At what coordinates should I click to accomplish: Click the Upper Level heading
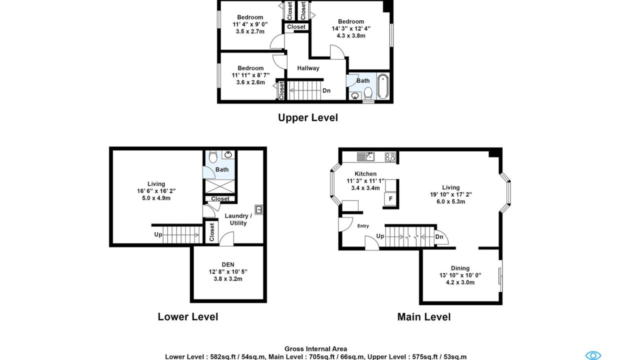(308, 118)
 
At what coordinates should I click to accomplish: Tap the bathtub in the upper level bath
(382, 86)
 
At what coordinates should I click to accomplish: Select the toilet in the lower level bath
(213, 157)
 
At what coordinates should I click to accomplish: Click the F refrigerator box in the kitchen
(390, 198)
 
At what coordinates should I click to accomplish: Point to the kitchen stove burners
(390, 157)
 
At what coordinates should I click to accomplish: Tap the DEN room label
(228, 265)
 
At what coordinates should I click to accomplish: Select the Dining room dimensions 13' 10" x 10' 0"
(460, 275)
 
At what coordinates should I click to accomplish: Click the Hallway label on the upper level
(308, 68)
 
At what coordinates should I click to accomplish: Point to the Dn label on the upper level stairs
(326, 91)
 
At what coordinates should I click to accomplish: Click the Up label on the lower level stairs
(158, 234)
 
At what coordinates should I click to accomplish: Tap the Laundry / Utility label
(238, 219)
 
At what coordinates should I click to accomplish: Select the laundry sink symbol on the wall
(259, 209)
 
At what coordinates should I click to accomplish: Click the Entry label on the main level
(363, 226)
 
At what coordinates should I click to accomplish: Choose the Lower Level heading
(188, 317)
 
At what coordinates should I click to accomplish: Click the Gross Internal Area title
(315, 349)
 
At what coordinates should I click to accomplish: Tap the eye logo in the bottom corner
(593, 355)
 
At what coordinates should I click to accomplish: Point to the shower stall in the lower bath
(220, 186)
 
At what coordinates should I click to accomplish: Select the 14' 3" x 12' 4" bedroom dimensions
(351, 28)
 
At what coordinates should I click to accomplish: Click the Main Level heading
(424, 317)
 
